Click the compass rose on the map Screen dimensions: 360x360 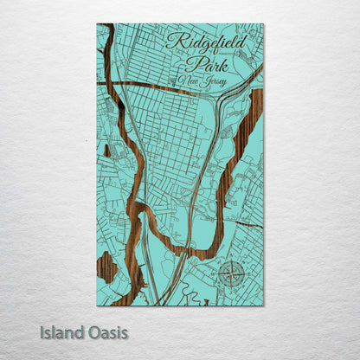pyautogui.click(x=231, y=275)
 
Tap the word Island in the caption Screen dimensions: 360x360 pyautogui.click(x=61, y=332)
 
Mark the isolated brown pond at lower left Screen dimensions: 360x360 pyautogui.click(x=106, y=267)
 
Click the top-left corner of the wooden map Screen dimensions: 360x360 pyautogui.click(x=97, y=24)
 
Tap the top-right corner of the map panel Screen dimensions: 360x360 pyautogui.click(x=264, y=24)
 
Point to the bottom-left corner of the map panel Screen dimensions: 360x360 pyautogui.click(x=97, y=305)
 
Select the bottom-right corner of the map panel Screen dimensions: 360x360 pyautogui.click(x=264, y=305)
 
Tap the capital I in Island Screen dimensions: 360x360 pyautogui.click(x=42, y=332)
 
